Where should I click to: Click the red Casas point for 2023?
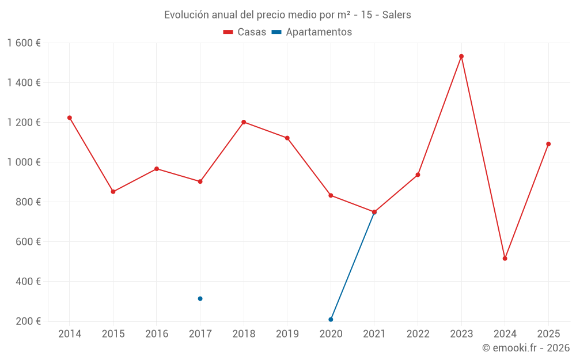pos(461,56)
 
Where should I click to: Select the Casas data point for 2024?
pos(505,259)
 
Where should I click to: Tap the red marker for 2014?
pos(70,118)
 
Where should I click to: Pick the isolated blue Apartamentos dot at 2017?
pos(200,298)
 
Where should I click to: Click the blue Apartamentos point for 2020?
pos(331,319)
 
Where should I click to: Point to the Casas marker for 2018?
pos(244,122)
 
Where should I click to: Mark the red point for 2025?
pos(548,144)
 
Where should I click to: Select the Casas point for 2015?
pos(113,192)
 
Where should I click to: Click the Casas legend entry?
pos(245,32)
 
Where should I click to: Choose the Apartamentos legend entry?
pos(312,32)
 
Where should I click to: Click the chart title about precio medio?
pos(287,15)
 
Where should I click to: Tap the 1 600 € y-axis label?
pos(24,43)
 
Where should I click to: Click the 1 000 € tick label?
pos(24,162)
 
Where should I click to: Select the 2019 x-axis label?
pos(287,334)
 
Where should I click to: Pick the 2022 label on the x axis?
pos(418,334)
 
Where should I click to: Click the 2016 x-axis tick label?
pos(157,334)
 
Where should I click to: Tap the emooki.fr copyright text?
pos(525,348)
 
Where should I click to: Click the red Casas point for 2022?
pos(418,175)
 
